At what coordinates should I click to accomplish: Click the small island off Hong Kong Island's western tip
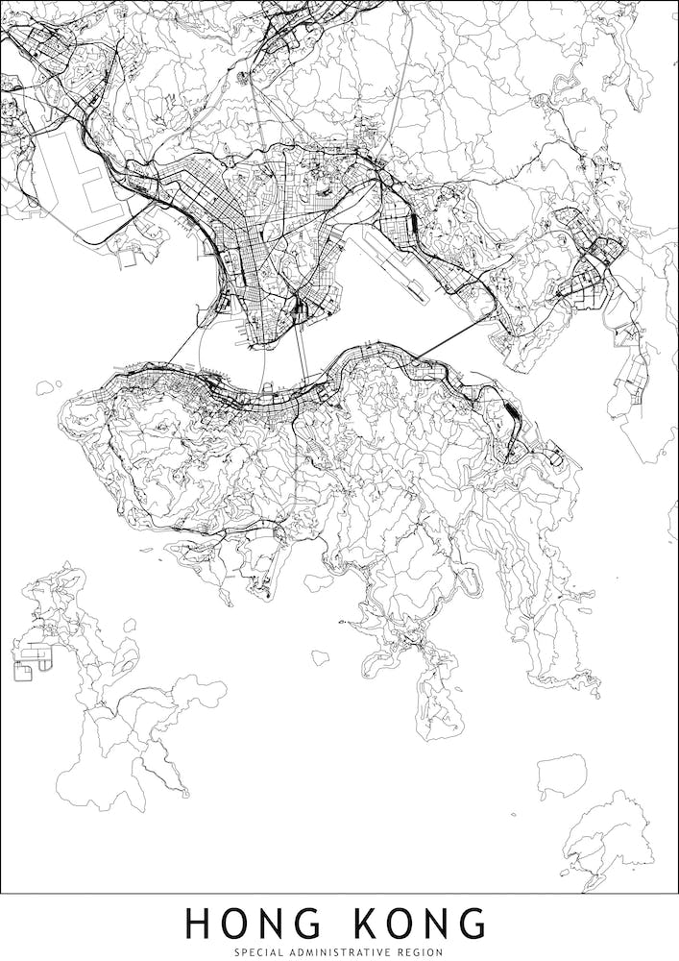[43, 387]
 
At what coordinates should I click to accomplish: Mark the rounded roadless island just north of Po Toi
[561, 774]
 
